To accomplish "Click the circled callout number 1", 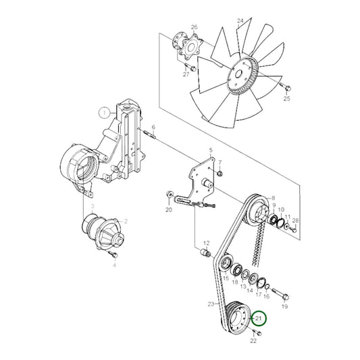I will [x=104, y=113].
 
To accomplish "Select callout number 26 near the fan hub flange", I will [x=195, y=27].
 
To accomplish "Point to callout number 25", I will [x=286, y=99].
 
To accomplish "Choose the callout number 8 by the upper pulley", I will [x=273, y=199].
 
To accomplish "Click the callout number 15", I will [x=226, y=278].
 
